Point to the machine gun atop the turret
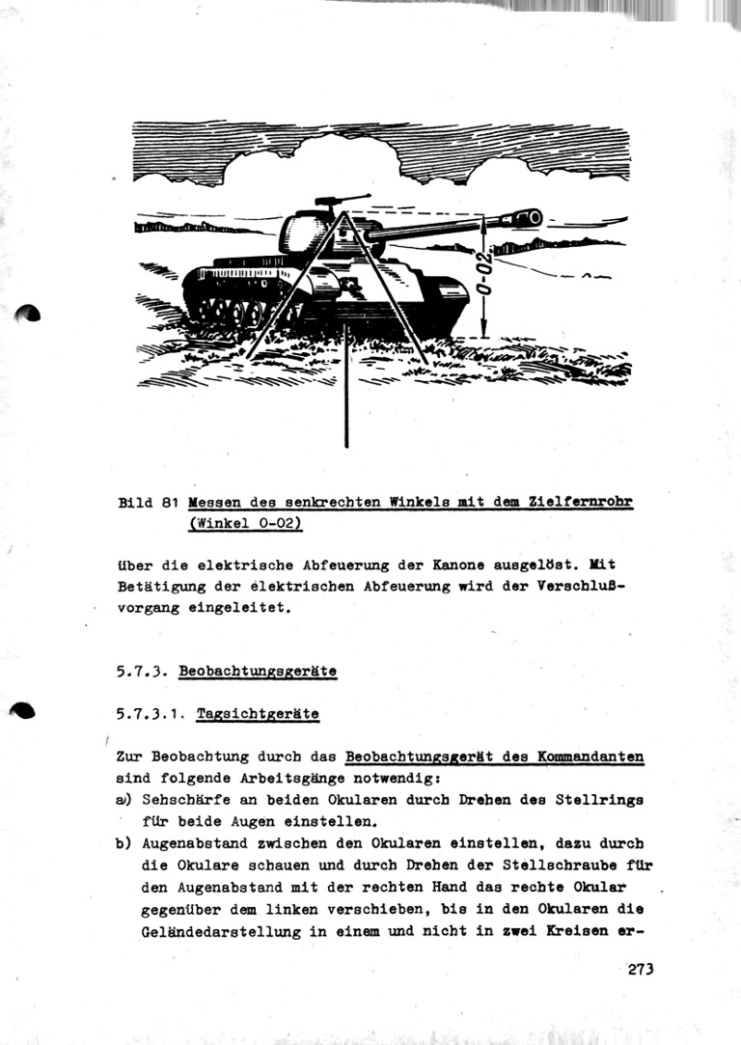tap(334, 201)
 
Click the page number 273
tap(640, 969)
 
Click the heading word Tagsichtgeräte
tap(257, 714)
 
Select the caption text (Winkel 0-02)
tap(246, 523)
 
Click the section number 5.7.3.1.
tap(149, 714)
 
